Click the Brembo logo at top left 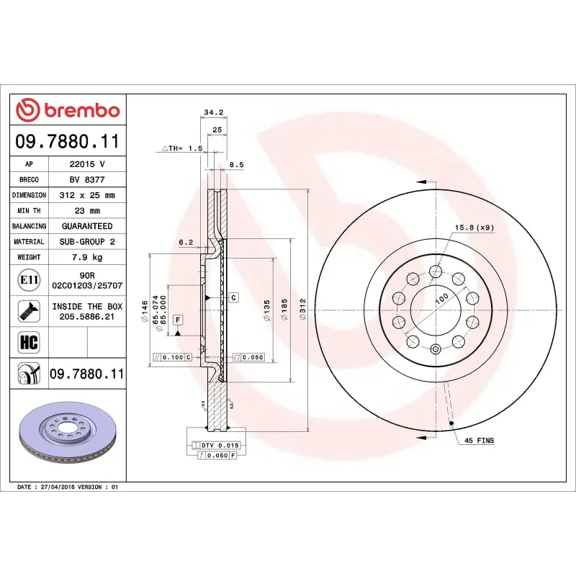coord(68,110)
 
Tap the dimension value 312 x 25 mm coord(87,195)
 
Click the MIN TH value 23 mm coord(87,211)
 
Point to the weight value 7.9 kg coord(87,257)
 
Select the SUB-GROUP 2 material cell coord(87,242)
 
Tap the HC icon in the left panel coord(30,341)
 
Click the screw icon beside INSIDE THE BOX coord(30,310)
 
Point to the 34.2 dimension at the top coord(214,112)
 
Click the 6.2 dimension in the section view coord(186,243)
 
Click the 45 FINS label coord(479,440)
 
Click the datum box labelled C coord(234,297)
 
